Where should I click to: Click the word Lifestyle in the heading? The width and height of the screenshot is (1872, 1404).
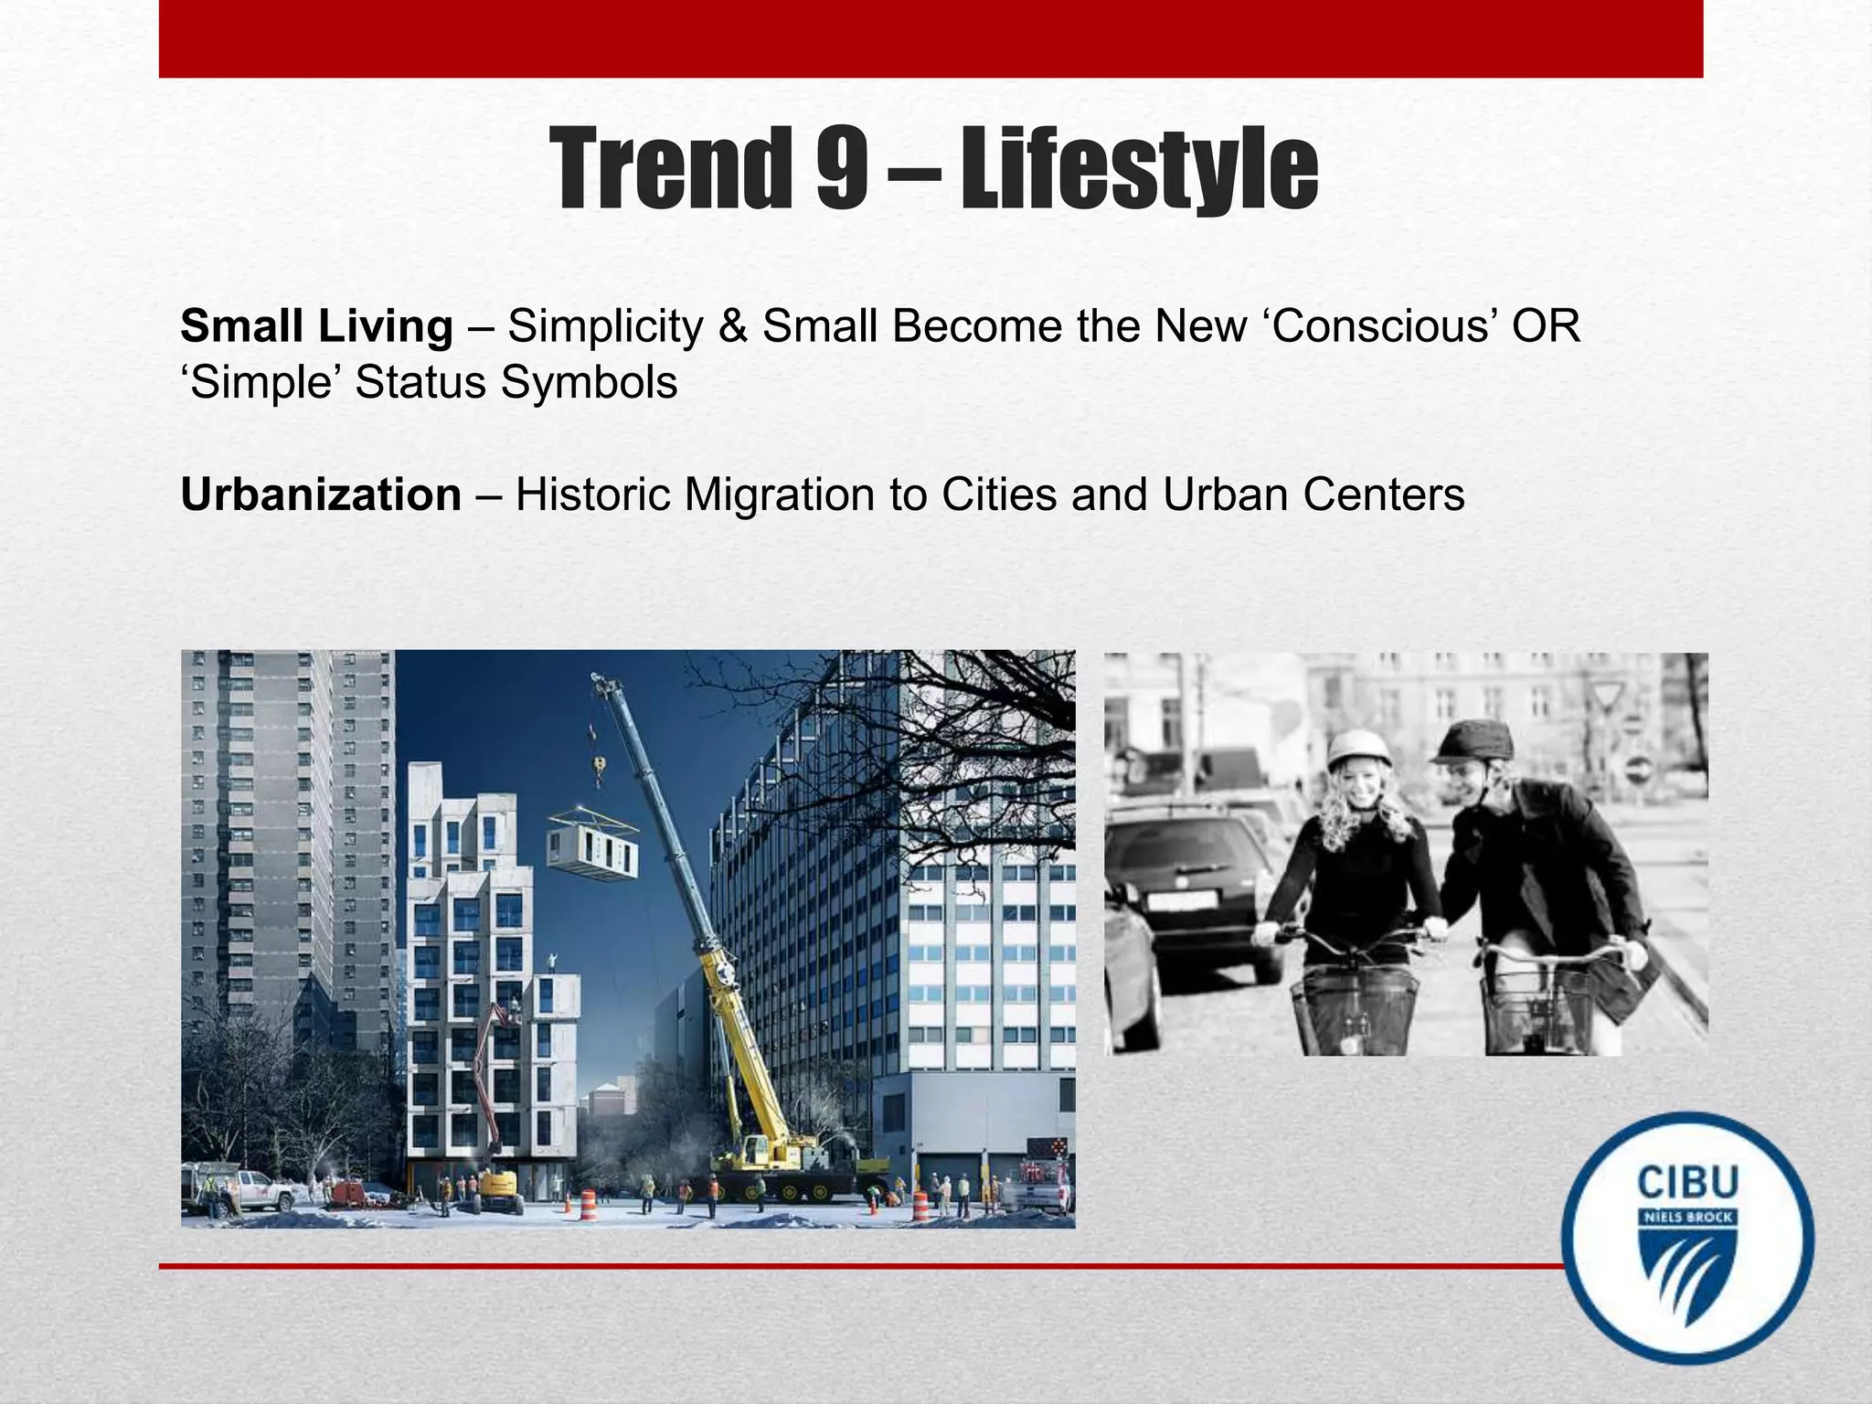1139,169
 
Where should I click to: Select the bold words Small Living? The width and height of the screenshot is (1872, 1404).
316,326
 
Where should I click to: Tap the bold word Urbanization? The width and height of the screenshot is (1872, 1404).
321,495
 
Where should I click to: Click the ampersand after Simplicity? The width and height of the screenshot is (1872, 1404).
732,326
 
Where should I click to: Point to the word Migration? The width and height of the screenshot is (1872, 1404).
780,495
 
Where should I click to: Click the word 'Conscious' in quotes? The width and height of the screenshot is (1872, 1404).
1383,326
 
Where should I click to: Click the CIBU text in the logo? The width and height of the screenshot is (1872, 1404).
1687,1183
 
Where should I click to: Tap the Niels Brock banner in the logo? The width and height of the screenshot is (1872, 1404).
1687,1218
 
